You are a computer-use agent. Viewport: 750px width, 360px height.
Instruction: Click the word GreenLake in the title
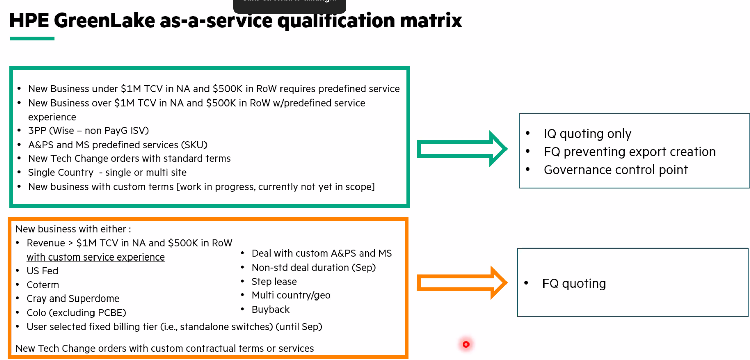point(104,21)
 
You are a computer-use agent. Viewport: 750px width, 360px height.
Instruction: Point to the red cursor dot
point(466,344)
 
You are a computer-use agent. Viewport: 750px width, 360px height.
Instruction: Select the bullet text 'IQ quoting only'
point(587,134)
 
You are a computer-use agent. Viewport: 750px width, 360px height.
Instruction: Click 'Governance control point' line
point(615,170)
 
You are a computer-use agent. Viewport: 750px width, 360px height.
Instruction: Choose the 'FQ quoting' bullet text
point(574,283)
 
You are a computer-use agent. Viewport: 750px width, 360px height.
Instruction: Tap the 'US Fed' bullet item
point(42,271)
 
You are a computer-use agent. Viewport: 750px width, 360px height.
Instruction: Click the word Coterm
point(43,285)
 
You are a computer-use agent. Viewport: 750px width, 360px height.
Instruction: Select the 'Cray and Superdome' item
point(73,298)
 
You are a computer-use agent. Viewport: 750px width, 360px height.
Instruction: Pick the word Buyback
point(270,309)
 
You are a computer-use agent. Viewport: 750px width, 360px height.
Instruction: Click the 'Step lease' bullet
point(274,281)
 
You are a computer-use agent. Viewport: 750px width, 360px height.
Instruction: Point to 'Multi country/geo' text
point(291,295)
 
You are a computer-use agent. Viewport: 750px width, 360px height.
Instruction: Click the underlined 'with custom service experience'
point(96,257)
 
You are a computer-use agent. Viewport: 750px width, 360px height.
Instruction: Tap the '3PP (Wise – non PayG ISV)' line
point(88,130)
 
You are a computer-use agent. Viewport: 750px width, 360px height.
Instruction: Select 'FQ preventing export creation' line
point(629,152)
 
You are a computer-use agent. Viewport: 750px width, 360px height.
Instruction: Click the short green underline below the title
point(32,39)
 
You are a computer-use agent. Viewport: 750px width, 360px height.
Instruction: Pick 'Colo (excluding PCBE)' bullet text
point(76,313)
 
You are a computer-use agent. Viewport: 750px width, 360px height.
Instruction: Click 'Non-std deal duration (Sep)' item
point(313,267)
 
